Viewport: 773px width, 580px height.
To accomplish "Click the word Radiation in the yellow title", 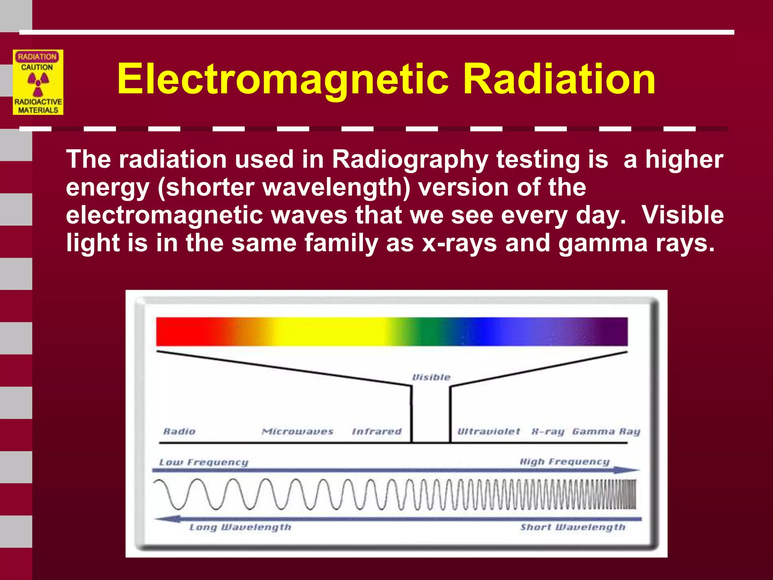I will pos(559,79).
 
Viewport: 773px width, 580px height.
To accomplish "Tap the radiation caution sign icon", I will pos(38,82).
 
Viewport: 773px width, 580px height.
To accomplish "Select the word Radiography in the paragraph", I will pos(410,159).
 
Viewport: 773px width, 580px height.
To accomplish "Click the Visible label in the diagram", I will pos(431,377).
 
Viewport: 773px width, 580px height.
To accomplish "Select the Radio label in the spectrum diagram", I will pos(179,431).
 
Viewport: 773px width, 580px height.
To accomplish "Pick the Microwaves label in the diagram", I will pos(298,431).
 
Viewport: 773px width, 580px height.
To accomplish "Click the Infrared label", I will pos(377,431).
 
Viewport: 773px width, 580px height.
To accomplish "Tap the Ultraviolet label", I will pos(488,431).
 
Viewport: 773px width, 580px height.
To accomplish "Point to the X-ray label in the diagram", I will pos(548,431).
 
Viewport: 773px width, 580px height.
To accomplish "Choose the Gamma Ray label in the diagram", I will pos(606,431).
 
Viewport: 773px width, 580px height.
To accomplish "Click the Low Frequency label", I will pos(204,462).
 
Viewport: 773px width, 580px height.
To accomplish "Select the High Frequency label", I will pos(565,462).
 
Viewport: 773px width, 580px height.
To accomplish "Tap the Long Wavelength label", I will pos(240,527).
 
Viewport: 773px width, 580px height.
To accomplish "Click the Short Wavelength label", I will pos(573,527).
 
